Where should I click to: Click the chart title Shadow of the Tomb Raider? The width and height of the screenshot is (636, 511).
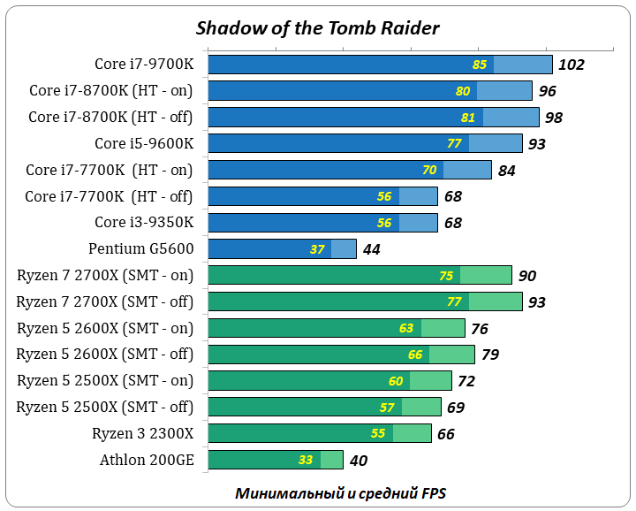tap(317, 27)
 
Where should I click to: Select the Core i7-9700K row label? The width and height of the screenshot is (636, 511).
tap(143, 64)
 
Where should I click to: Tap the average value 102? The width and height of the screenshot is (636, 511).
tap(572, 65)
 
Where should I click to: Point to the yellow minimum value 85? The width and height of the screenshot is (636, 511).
tap(480, 65)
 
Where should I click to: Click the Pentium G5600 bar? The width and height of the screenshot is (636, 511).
tap(282, 249)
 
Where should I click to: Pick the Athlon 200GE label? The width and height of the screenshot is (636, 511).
tap(147, 460)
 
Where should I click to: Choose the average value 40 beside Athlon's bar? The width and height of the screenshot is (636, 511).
tap(358, 461)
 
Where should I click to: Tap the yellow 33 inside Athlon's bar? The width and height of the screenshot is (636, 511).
tap(306, 461)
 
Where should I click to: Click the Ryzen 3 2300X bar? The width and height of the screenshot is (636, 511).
tap(319, 433)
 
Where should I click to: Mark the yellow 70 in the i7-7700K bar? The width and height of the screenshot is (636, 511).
tap(429, 171)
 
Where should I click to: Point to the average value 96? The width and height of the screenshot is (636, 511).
tap(548, 91)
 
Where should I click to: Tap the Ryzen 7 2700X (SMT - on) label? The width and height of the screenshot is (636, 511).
tap(105, 275)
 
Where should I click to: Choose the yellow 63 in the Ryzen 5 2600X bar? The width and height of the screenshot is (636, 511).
tap(406, 329)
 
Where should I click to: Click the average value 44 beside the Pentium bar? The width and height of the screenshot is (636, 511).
tap(371, 250)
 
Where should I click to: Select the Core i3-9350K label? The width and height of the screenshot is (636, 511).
tap(143, 222)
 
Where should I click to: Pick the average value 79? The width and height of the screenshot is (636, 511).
tap(489, 355)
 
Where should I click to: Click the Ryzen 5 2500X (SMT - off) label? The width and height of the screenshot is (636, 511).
tap(105, 407)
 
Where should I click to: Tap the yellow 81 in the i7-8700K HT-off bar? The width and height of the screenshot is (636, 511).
tap(468, 118)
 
